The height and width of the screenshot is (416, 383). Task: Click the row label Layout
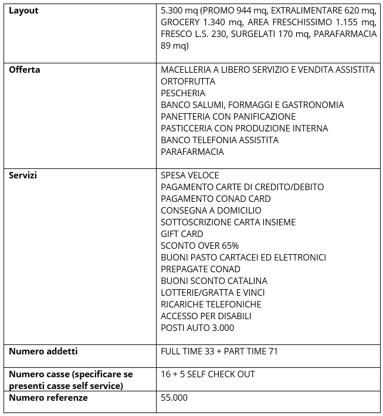pos(23,11)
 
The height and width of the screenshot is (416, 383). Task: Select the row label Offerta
pos(24,69)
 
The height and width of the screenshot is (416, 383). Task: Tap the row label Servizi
pos(22,175)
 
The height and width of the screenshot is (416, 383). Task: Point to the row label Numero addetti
pos(43,351)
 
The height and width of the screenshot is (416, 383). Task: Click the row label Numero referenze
pos(48,397)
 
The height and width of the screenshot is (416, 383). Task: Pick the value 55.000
pos(174,398)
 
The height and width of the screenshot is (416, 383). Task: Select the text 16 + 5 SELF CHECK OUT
pos(208,374)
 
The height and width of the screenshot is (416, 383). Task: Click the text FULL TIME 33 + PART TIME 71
pos(219,351)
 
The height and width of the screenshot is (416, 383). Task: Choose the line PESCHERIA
pos(183,93)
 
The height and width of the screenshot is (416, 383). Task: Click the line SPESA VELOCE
pos(189,175)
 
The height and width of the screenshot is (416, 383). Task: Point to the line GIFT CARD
pos(182,234)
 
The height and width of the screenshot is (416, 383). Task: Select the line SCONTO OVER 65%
pos(199,246)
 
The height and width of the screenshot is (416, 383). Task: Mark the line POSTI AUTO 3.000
pos(197,328)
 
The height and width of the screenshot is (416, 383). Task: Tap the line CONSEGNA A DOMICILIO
pos(211,211)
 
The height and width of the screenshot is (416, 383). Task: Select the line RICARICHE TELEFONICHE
pos(211,305)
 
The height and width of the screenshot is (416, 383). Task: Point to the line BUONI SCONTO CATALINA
pos(213,281)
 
